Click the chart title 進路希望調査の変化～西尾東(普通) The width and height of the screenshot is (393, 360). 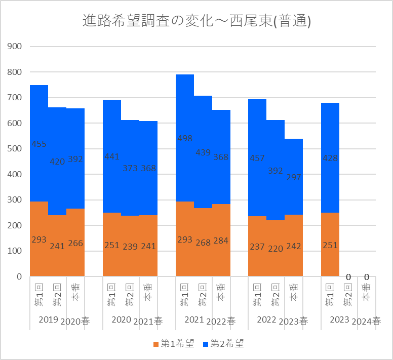pyautogui.click(x=196, y=21)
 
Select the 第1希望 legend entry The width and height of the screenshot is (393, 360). pyautogui.click(x=174, y=343)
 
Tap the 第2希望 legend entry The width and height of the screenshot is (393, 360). pyautogui.click(x=223, y=343)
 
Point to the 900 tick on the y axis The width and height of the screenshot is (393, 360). pyautogui.click(x=15, y=47)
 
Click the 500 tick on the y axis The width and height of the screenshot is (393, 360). pyautogui.click(x=15, y=148)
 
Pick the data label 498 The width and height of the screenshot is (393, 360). pyautogui.click(x=185, y=138)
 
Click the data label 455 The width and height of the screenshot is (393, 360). pyautogui.click(x=39, y=144)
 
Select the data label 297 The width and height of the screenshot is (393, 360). pyautogui.click(x=294, y=177)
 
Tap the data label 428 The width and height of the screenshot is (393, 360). pyautogui.click(x=330, y=158)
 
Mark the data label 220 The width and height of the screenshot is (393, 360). pyautogui.click(x=276, y=249)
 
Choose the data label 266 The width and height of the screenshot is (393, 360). pyautogui.click(x=75, y=243)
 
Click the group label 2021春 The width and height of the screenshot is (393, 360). pyautogui.click(x=148, y=321)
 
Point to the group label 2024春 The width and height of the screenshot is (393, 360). pyautogui.click(x=367, y=321)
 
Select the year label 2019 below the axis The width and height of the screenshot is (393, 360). pyautogui.click(x=49, y=319)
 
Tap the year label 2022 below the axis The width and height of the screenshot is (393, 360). pyautogui.click(x=267, y=319)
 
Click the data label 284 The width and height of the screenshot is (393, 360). pyautogui.click(x=221, y=241)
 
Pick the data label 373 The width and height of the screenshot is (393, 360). pyautogui.click(x=130, y=168)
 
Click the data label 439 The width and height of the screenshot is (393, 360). pyautogui.click(x=203, y=152)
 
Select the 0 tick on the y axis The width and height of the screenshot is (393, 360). pyautogui.click(x=19, y=276)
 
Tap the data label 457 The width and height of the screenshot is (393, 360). pyautogui.click(x=257, y=158)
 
